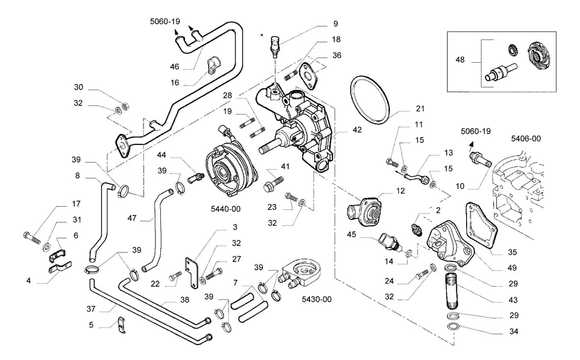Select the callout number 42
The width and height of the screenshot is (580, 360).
(x=357, y=130)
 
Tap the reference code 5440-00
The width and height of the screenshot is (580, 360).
(x=226, y=209)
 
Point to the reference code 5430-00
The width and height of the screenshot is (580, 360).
(x=317, y=299)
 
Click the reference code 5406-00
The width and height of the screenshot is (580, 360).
(x=526, y=139)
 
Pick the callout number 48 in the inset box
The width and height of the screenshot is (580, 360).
(x=460, y=60)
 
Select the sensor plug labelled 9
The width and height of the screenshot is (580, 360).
(x=275, y=47)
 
